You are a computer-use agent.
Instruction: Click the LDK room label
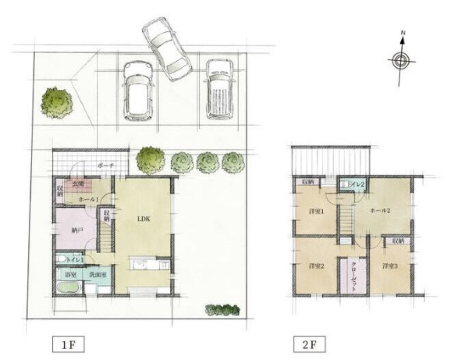(x=143, y=218)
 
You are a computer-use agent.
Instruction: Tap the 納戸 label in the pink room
(x=78, y=231)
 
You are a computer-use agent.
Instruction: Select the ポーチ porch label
(x=104, y=166)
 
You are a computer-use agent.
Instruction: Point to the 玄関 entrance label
(x=78, y=184)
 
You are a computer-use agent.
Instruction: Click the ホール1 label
(x=88, y=199)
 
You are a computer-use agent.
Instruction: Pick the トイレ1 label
(x=75, y=259)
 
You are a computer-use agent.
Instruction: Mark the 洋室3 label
(x=390, y=266)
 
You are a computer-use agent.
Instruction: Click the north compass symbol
(x=401, y=60)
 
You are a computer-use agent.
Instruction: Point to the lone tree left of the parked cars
(x=57, y=102)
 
